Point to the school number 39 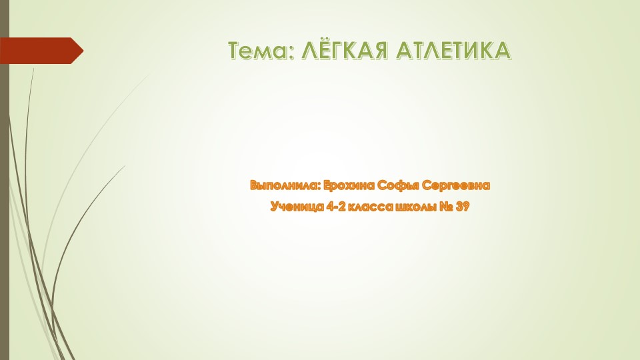tap(463, 207)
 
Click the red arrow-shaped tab tap(40, 51)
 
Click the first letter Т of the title tap(235, 51)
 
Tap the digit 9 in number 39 tap(467, 207)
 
